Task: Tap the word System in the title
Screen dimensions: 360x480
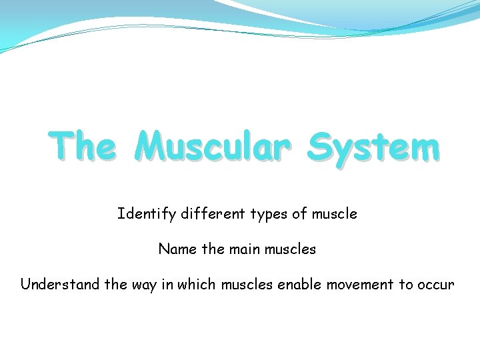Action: [x=373, y=147]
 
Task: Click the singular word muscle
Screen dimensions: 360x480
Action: [x=333, y=214]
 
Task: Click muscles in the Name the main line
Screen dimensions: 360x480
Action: [x=290, y=249]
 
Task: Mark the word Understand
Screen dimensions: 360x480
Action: [x=61, y=285]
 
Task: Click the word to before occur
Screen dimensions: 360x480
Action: [x=406, y=285]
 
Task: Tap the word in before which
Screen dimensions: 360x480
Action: [x=166, y=285]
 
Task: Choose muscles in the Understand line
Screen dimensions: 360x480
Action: [x=247, y=285]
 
